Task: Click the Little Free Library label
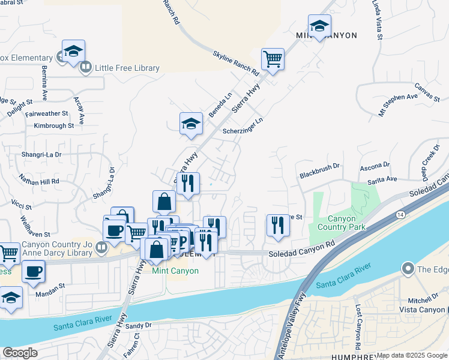[127, 68]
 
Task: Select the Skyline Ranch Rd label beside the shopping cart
[235, 63]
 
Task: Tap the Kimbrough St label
[54, 126]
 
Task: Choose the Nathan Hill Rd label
[39, 181]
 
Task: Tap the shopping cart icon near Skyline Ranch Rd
[273, 59]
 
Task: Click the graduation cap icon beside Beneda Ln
[191, 124]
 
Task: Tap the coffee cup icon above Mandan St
[33, 271]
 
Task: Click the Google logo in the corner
[20, 353]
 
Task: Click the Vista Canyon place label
[421, 309]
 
